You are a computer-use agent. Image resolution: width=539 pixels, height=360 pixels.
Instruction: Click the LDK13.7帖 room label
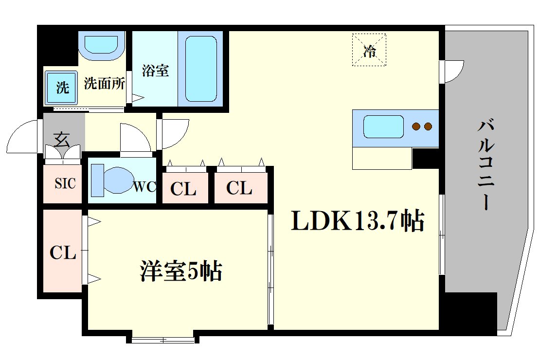tap(358, 222)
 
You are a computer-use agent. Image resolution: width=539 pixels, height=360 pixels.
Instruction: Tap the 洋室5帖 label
tap(181, 270)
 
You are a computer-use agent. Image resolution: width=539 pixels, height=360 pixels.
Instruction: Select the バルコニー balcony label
tap(486, 165)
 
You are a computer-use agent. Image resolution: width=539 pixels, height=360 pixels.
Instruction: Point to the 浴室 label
tap(155, 71)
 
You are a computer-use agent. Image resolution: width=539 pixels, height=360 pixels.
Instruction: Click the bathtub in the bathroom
tap(200, 68)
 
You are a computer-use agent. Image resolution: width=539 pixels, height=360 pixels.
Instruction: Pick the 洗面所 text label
tap(105, 84)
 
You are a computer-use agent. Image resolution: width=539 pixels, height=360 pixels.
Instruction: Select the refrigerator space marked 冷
tap(370, 49)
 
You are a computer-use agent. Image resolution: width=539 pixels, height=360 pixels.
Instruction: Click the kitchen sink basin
tap(383, 126)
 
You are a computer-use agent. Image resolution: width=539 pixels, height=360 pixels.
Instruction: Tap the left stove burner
tap(417, 127)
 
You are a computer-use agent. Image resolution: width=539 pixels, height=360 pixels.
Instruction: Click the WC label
tap(144, 187)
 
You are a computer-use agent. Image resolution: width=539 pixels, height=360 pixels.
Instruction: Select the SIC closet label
tap(64, 184)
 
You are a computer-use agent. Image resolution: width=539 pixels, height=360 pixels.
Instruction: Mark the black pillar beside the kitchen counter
tap(425, 158)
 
